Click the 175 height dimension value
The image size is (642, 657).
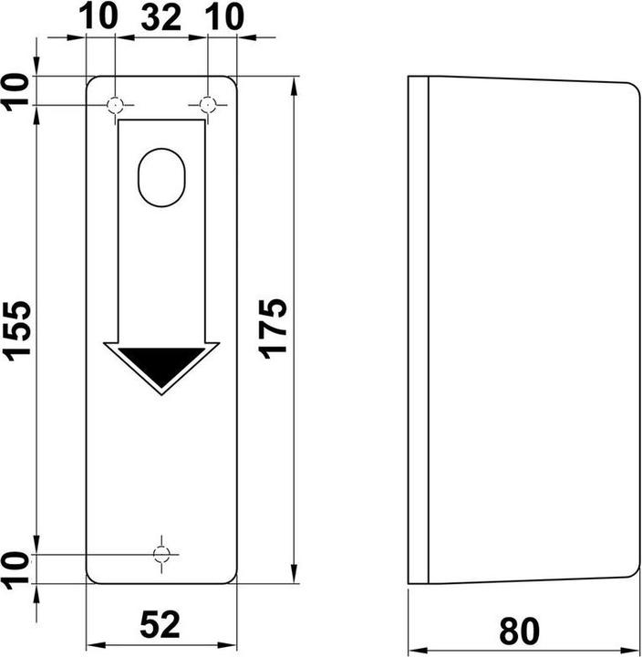275,328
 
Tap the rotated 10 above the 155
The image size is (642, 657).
17,91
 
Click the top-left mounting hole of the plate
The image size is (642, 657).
115,105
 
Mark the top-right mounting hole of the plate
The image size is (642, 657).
208,105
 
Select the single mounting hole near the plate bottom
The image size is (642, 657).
161,554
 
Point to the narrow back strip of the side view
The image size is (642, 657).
417,328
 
